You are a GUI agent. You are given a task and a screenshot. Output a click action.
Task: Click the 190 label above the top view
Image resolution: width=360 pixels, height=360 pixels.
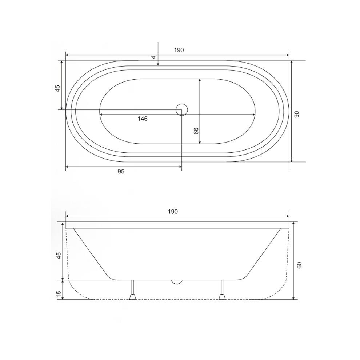pos(179,50)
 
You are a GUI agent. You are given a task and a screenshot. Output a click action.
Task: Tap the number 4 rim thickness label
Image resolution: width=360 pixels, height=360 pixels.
pos(153,57)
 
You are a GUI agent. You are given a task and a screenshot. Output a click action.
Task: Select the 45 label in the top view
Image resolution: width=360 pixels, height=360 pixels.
pos(57,88)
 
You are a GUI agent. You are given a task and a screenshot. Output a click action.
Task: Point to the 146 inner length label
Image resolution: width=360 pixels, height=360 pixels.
pos(142,119)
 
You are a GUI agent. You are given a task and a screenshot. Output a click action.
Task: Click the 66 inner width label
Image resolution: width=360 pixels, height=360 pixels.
pos(196,131)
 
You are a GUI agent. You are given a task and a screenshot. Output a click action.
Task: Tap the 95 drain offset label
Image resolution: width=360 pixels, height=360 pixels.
pos(121,172)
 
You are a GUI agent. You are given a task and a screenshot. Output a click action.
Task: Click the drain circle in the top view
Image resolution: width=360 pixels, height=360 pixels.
pos(181,109)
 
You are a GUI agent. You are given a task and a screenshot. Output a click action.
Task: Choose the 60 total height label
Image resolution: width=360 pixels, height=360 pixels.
pos(299,265)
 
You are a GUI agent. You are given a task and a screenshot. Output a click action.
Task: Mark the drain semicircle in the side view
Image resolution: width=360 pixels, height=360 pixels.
pos(177,282)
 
